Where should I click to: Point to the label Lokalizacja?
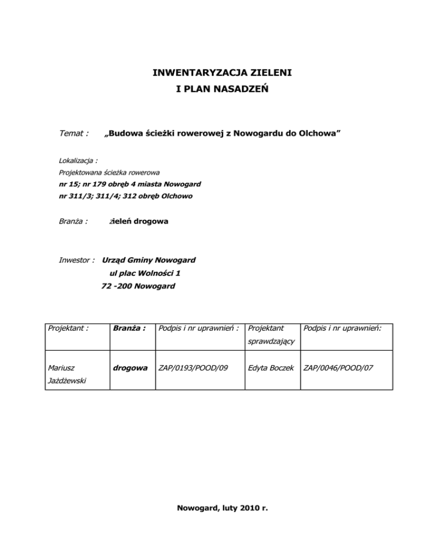point(78,161)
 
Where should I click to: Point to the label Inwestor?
point(77,260)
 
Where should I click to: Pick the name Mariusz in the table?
point(64,368)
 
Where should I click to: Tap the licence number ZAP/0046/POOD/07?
point(338,368)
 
